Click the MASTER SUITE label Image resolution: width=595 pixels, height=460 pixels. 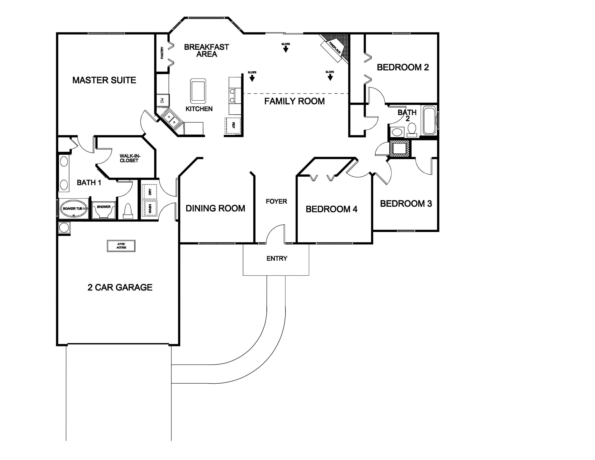pos(104,80)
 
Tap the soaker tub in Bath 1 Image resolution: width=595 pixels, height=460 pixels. pos(74,209)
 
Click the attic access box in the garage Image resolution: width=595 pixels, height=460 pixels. pos(121,246)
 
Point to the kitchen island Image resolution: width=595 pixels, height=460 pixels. pos(198,91)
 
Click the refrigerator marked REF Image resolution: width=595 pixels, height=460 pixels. pos(233,125)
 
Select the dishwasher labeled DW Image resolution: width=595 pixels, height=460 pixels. pos(163,100)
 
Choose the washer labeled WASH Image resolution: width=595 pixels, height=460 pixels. pos(150,209)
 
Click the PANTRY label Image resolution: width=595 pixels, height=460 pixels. pos(162,53)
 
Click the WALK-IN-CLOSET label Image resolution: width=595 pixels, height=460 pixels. pos(130,158)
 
